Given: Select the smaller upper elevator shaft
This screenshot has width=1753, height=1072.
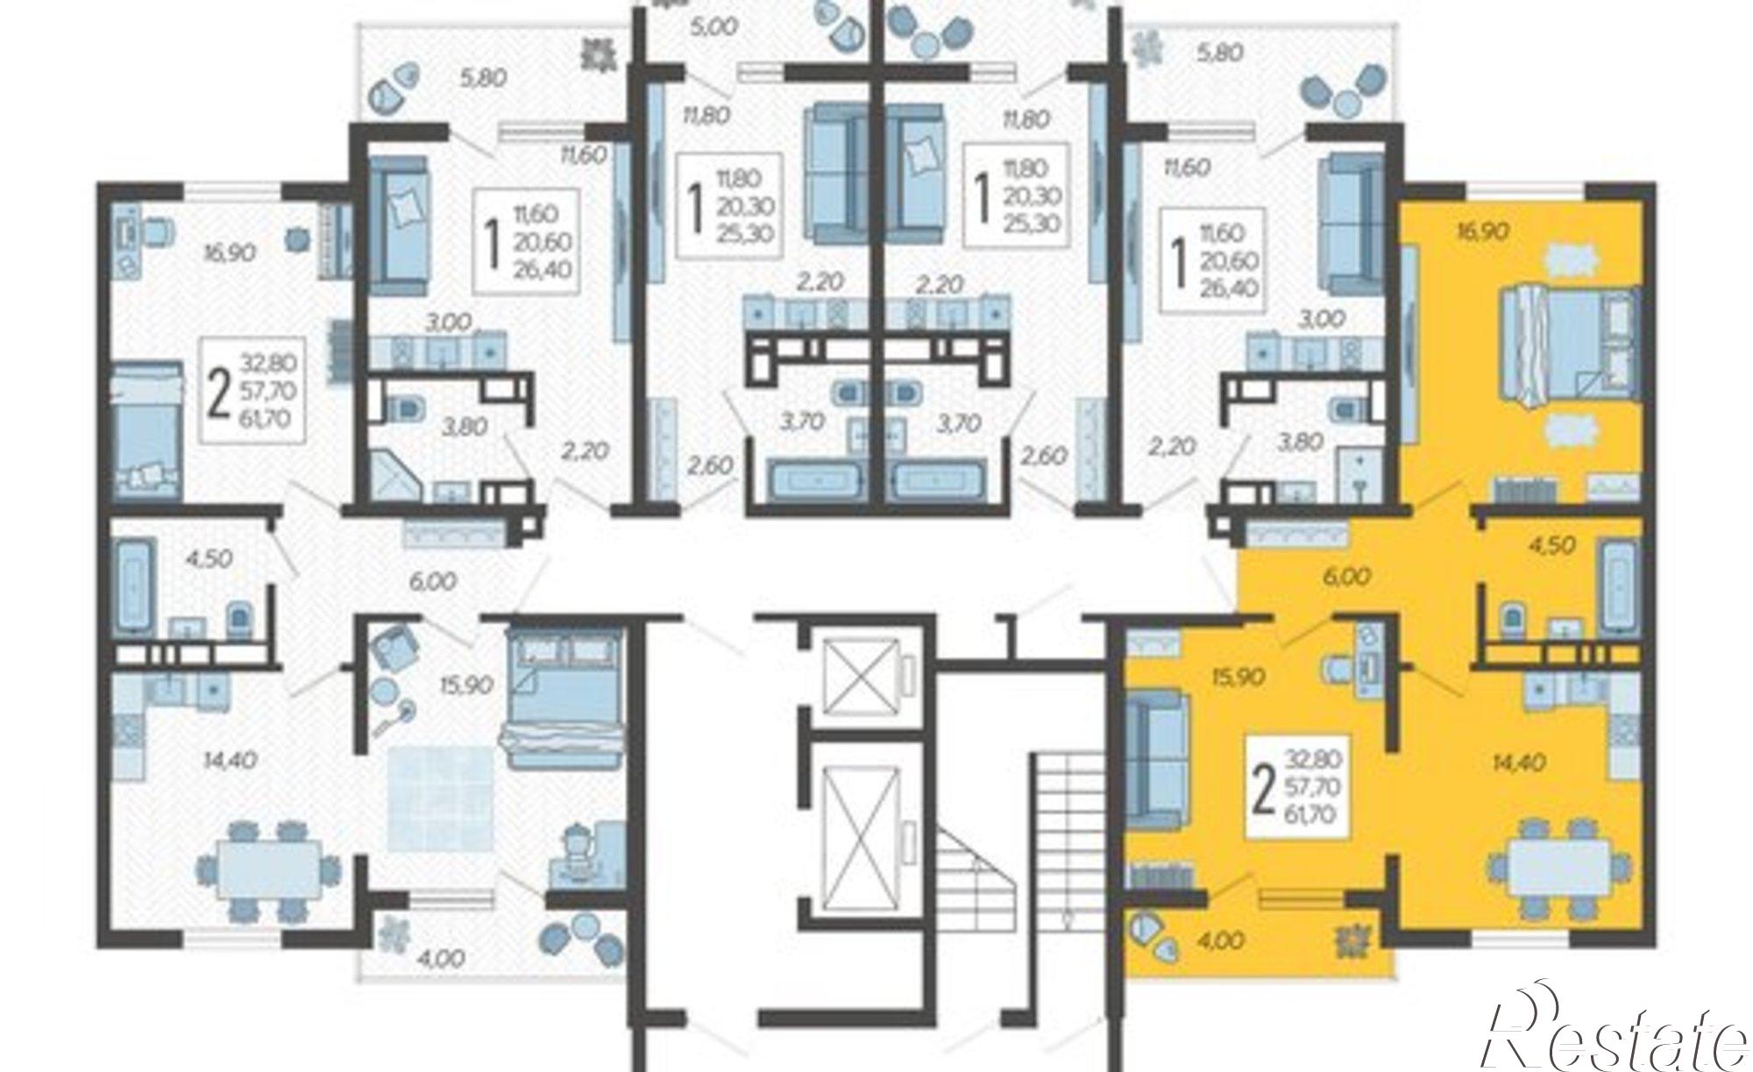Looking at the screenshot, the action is [863, 673].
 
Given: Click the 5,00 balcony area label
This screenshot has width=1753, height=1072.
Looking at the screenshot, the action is [713, 27].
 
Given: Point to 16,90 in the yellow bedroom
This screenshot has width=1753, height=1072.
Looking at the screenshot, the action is [1481, 231].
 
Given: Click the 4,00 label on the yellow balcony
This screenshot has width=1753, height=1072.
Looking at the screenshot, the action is [1220, 941].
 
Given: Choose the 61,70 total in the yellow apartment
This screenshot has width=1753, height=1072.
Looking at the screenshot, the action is [1309, 814].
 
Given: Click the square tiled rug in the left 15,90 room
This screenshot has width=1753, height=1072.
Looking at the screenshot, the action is [440, 799].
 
